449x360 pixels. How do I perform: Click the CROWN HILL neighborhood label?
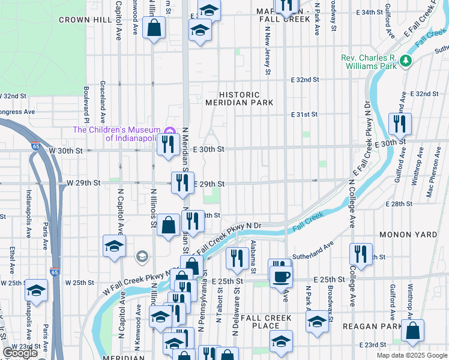(x=85, y=20)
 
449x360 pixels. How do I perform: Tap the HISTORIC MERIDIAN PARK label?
(x=240, y=99)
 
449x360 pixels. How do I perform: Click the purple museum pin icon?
(x=170, y=131)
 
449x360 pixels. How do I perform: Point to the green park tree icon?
(x=406, y=60)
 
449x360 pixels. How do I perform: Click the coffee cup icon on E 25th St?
(x=282, y=277)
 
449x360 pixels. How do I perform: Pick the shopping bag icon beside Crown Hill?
(x=154, y=27)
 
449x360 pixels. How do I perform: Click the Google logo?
(x=20, y=353)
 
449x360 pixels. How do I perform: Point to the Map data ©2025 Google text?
(x=411, y=355)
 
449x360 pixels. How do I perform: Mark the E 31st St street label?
(x=304, y=114)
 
